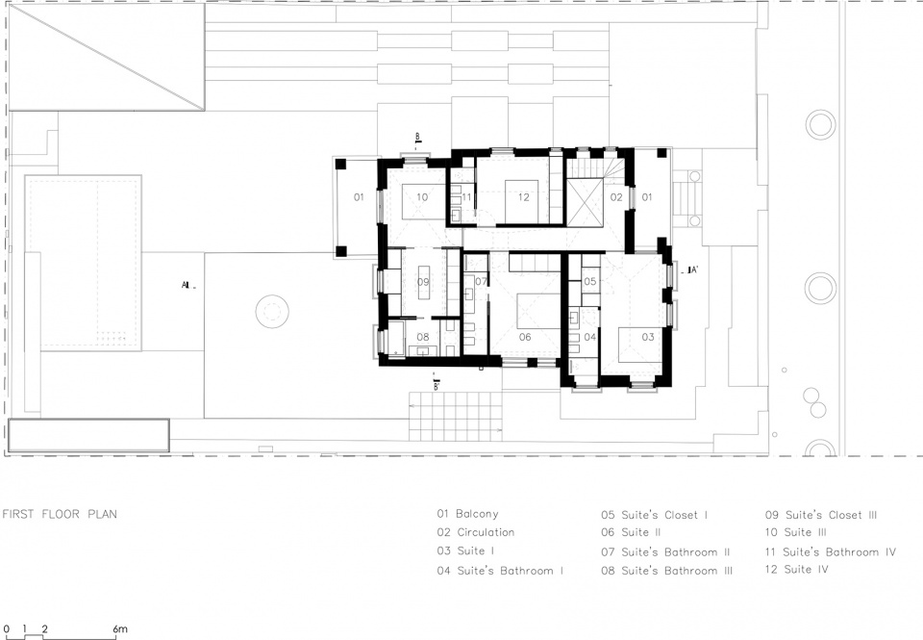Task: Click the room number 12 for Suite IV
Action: [523, 197]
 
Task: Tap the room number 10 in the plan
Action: [422, 197]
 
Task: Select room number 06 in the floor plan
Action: [525, 337]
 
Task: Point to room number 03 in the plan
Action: [647, 337]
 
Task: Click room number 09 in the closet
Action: [423, 282]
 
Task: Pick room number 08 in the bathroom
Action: [423, 337]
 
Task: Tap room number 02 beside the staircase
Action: [615, 197]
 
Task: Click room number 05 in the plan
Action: [589, 282]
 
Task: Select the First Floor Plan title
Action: [60, 514]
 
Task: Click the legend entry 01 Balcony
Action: [467, 514]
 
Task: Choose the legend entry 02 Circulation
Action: [476, 532]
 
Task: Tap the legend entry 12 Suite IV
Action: [797, 570]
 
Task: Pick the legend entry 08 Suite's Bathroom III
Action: [667, 571]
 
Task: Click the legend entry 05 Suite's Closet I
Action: [655, 515]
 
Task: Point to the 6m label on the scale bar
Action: [119, 629]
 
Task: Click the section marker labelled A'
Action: [690, 270]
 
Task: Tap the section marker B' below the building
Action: [436, 386]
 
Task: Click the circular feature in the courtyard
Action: [272, 311]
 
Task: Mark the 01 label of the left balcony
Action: [359, 197]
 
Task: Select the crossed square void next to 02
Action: [584, 201]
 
